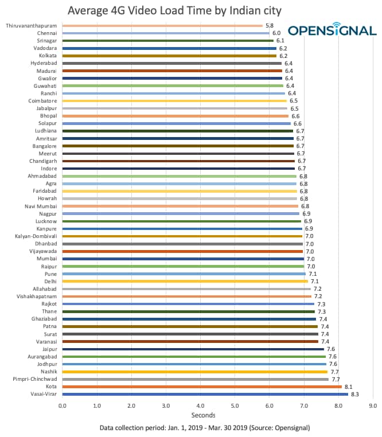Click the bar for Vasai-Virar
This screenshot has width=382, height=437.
point(205,394)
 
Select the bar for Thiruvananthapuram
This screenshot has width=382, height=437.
point(162,26)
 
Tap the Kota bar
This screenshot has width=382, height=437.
point(202,387)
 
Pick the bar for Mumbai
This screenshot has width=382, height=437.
point(183,259)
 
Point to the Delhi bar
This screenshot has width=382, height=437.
point(185,281)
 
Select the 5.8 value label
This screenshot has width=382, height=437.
point(270,26)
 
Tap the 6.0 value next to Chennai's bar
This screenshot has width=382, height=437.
point(276,33)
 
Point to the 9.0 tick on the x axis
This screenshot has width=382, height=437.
point(373,405)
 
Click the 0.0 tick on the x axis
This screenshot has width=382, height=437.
point(63,405)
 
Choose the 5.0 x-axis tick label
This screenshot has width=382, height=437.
point(235,405)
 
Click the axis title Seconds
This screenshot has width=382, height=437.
point(204,415)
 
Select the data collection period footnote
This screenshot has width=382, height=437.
point(204,428)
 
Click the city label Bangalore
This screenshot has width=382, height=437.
point(43,146)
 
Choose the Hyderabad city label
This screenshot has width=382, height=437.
point(43,63)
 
